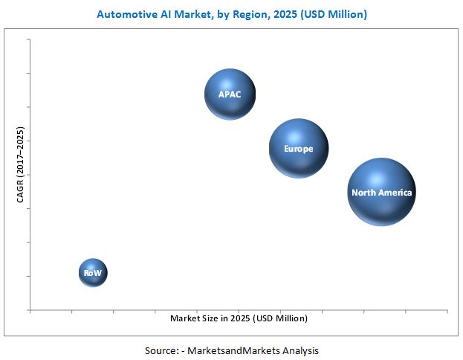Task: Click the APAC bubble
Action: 230,93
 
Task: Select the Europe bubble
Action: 298,149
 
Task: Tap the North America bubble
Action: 381,192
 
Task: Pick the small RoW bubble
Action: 93,273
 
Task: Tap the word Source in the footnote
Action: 161,350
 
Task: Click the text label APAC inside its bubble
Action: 229,94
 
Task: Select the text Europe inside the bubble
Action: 298,149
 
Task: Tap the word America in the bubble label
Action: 395,193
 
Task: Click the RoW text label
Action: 93,273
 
